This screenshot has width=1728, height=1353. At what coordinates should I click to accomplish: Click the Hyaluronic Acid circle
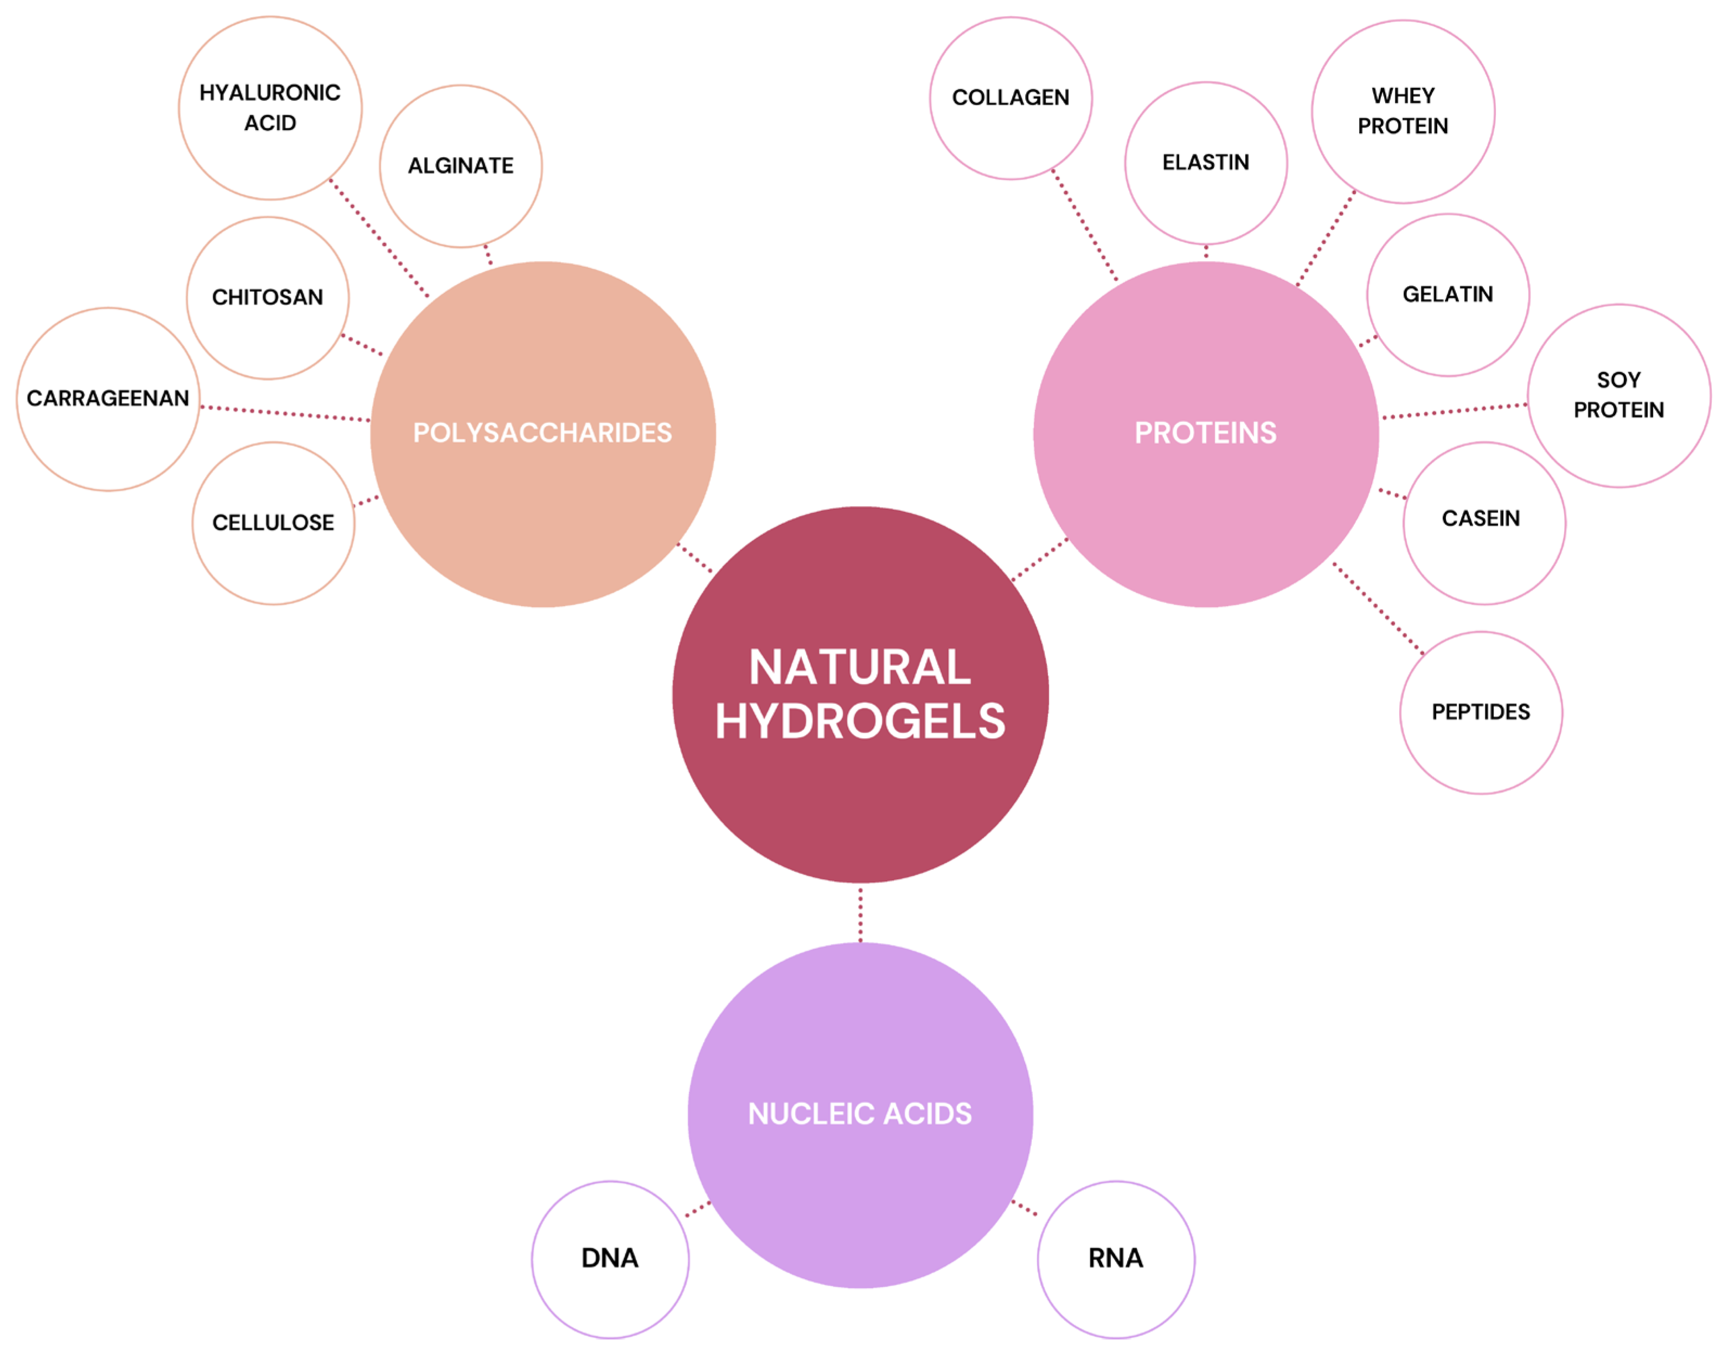[270, 108]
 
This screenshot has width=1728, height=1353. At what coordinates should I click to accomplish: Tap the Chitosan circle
[268, 298]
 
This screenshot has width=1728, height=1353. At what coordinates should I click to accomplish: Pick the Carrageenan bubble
[108, 399]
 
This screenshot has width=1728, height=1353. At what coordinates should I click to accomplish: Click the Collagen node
[1011, 98]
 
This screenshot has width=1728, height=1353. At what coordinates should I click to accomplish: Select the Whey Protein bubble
[1403, 112]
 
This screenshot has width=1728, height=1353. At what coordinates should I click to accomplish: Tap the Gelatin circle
[1448, 294]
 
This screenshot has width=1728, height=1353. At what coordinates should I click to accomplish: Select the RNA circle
[1116, 1259]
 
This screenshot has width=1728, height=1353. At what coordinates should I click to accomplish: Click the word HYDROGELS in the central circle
[860, 722]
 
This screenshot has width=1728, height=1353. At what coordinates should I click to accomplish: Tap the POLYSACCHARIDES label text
[543, 433]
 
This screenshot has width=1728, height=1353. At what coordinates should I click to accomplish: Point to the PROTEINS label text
[1206, 433]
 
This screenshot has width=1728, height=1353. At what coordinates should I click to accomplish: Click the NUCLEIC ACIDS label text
[860, 1114]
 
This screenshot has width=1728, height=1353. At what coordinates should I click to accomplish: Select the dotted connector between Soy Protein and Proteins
[1455, 411]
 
